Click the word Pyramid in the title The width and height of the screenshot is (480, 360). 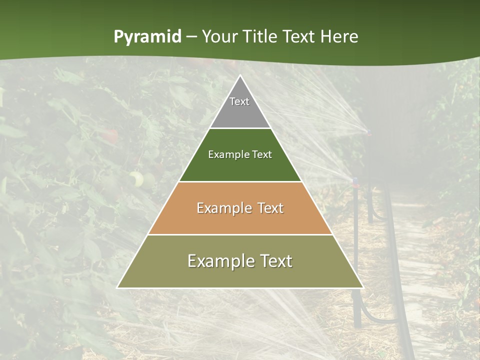point(147,37)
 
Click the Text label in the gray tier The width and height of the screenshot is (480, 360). point(239,101)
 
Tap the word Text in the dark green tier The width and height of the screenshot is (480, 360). point(261,155)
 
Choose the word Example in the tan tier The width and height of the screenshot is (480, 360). point(222,208)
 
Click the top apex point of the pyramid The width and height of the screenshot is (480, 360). point(240,76)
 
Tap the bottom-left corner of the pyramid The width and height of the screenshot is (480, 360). point(118,287)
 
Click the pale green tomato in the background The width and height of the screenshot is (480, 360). point(136,178)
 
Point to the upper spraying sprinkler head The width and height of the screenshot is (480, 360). point(368,132)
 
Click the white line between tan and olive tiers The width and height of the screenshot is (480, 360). point(240,234)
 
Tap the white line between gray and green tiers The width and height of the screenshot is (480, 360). point(240,128)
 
